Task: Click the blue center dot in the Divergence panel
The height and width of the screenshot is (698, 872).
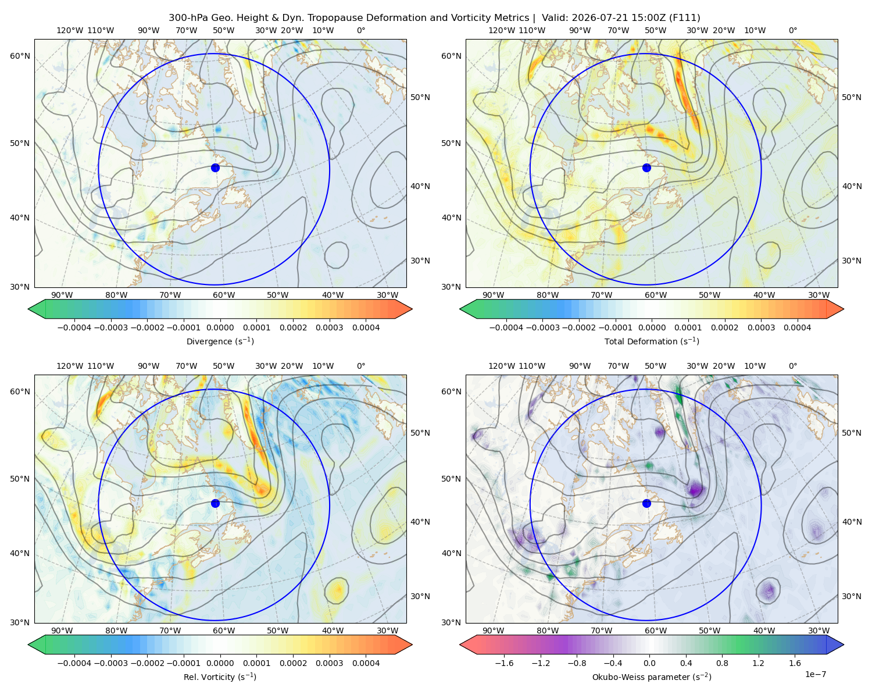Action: click(x=215, y=168)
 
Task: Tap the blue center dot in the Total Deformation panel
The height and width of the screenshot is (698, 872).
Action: click(x=646, y=168)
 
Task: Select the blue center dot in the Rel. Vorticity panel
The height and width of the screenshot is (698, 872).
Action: click(x=215, y=503)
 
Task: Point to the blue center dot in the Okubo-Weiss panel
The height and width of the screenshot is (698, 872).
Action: click(x=646, y=503)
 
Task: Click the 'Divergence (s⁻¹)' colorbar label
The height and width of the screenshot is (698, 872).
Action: click(x=220, y=341)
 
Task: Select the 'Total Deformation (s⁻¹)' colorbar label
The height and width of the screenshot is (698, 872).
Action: click(x=652, y=341)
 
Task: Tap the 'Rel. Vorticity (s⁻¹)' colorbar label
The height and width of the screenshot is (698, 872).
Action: click(x=220, y=676)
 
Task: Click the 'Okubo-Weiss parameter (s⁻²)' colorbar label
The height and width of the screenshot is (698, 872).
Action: click(x=652, y=676)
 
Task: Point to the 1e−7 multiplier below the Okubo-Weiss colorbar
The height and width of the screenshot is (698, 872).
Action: click(x=815, y=674)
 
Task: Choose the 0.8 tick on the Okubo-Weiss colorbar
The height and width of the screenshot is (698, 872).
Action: click(x=722, y=663)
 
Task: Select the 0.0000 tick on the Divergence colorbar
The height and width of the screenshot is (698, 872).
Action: click(x=220, y=327)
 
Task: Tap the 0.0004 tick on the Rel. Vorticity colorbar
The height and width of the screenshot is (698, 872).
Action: click(x=366, y=663)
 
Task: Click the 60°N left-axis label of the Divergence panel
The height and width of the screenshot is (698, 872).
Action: click(x=20, y=56)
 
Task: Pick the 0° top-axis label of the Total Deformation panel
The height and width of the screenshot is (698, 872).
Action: click(x=792, y=30)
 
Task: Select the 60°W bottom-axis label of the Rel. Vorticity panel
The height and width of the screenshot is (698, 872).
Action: click(x=224, y=631)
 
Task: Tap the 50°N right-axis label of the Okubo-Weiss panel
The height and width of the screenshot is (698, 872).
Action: click(x=852, y=433)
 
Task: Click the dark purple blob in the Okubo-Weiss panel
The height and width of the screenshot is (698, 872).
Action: click(x=695, y=489)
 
